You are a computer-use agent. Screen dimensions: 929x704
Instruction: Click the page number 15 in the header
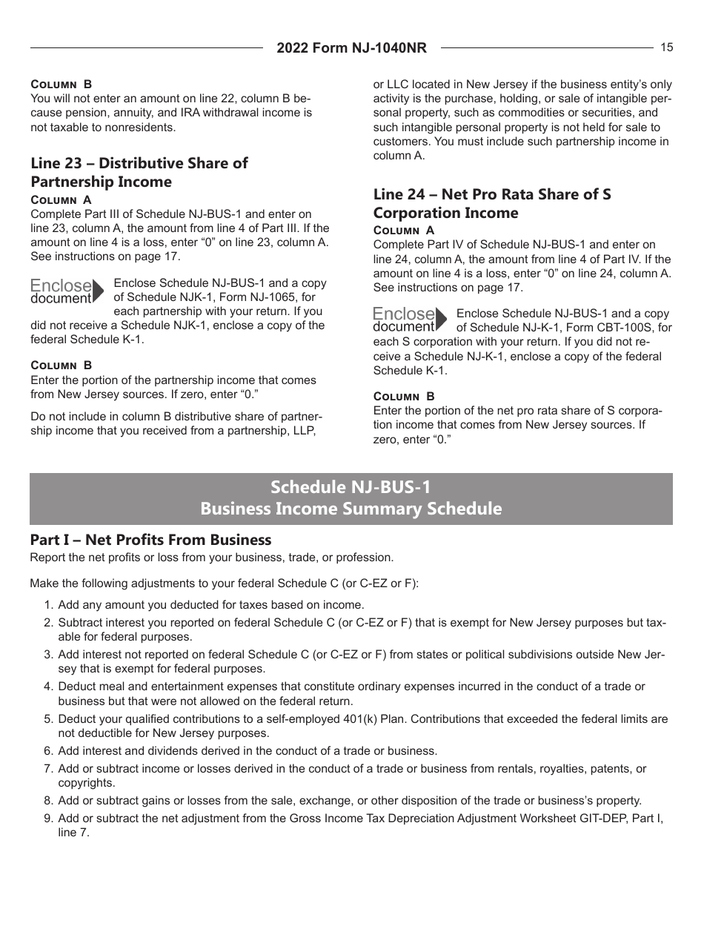666,47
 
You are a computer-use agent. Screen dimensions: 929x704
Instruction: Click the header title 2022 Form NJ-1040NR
351,48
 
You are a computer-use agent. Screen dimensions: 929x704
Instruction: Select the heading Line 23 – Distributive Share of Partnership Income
139,172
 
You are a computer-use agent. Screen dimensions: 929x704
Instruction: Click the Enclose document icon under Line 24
410,320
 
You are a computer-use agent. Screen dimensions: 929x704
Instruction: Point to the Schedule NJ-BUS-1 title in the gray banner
351,487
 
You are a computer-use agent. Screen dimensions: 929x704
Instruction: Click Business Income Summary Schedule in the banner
351,509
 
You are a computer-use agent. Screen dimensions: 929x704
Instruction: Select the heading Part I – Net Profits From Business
150,540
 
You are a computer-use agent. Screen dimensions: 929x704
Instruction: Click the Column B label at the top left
61,85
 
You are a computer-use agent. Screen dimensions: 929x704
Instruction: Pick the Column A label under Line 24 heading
404,231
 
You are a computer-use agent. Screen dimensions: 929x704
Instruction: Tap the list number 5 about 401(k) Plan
48,719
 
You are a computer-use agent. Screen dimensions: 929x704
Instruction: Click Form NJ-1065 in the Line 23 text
246,297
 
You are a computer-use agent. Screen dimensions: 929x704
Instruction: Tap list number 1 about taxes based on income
48,605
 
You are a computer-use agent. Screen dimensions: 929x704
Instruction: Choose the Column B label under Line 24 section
404,396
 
